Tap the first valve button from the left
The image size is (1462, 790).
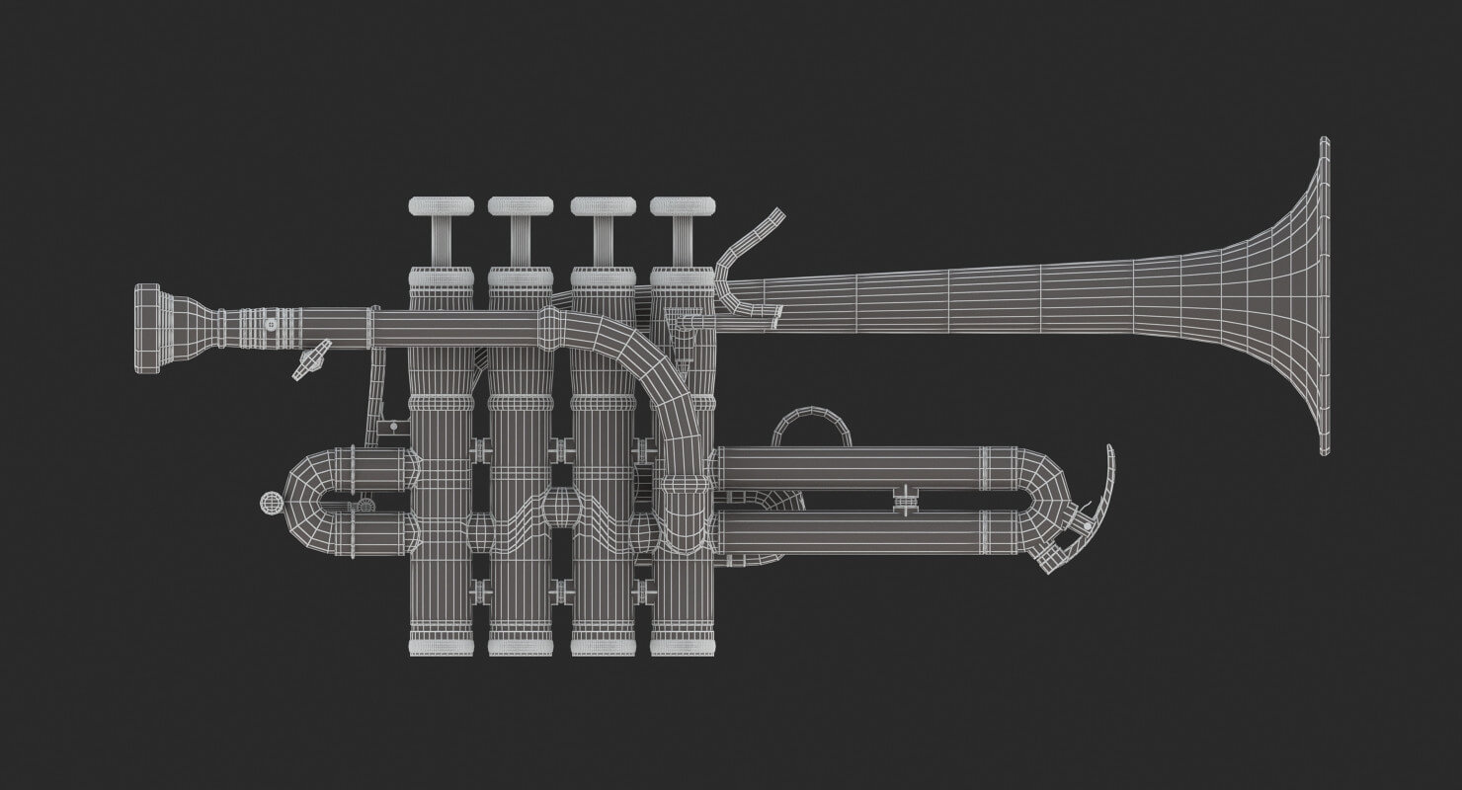442,206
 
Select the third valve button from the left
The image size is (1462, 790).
603,206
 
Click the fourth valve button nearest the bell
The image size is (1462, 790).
683,206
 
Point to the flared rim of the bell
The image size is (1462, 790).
1324,296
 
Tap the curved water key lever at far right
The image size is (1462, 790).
1106,484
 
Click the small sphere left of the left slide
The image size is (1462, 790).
270,503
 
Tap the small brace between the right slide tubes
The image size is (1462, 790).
903,499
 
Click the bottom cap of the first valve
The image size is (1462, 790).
442,647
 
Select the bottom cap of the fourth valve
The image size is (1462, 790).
683,647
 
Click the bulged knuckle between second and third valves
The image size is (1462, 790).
559,513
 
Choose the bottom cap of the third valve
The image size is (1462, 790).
603,647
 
